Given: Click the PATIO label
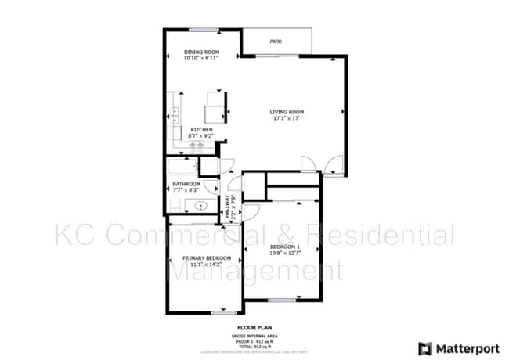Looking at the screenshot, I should coord(276,41).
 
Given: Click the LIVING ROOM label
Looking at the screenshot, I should coord(287,112).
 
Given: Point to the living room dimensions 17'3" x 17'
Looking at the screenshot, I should coord(287,119).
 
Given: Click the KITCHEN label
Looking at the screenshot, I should coord(202,130).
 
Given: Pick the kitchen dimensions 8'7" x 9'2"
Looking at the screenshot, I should coord(202,136).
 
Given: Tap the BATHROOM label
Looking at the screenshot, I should coord(186,184).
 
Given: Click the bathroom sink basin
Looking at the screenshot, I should coord(201,207).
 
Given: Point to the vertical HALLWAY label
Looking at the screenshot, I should coord(228,205).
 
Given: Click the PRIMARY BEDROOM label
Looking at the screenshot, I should coord(207,257).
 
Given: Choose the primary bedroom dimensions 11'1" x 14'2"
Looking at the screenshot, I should coord(207,265).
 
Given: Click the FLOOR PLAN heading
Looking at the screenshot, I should coord(254,328).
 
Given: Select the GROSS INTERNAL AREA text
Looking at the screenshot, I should coord(254,336).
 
